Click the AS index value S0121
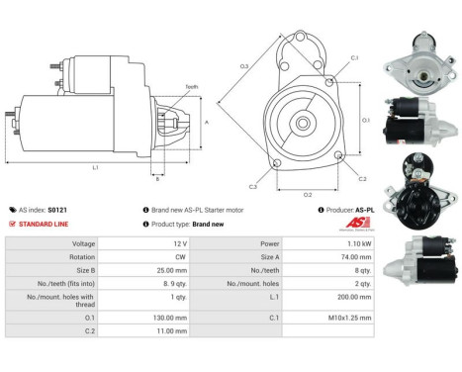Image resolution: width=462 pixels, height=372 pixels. [71, 210]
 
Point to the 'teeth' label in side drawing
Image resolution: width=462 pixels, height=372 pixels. [191, 87]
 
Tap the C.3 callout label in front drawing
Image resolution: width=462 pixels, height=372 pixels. [253, 186]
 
